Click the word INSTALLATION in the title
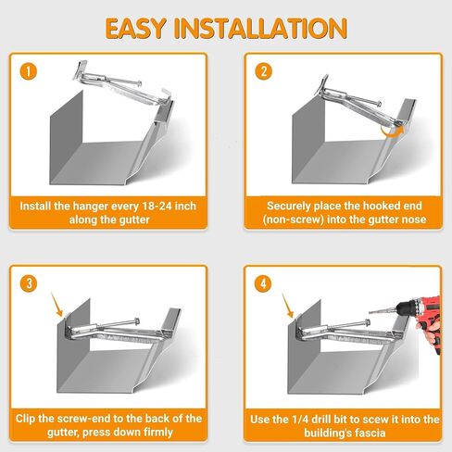point(261,29)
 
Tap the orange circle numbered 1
point(29,71)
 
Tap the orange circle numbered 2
point(263,71)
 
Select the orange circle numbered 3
point(29,283)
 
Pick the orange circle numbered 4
point(263,283)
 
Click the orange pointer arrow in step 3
point(57,305)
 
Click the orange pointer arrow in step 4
point(287,306)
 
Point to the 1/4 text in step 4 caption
point(299,420)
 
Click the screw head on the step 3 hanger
point(136,321)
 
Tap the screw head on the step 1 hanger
point(140,83)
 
